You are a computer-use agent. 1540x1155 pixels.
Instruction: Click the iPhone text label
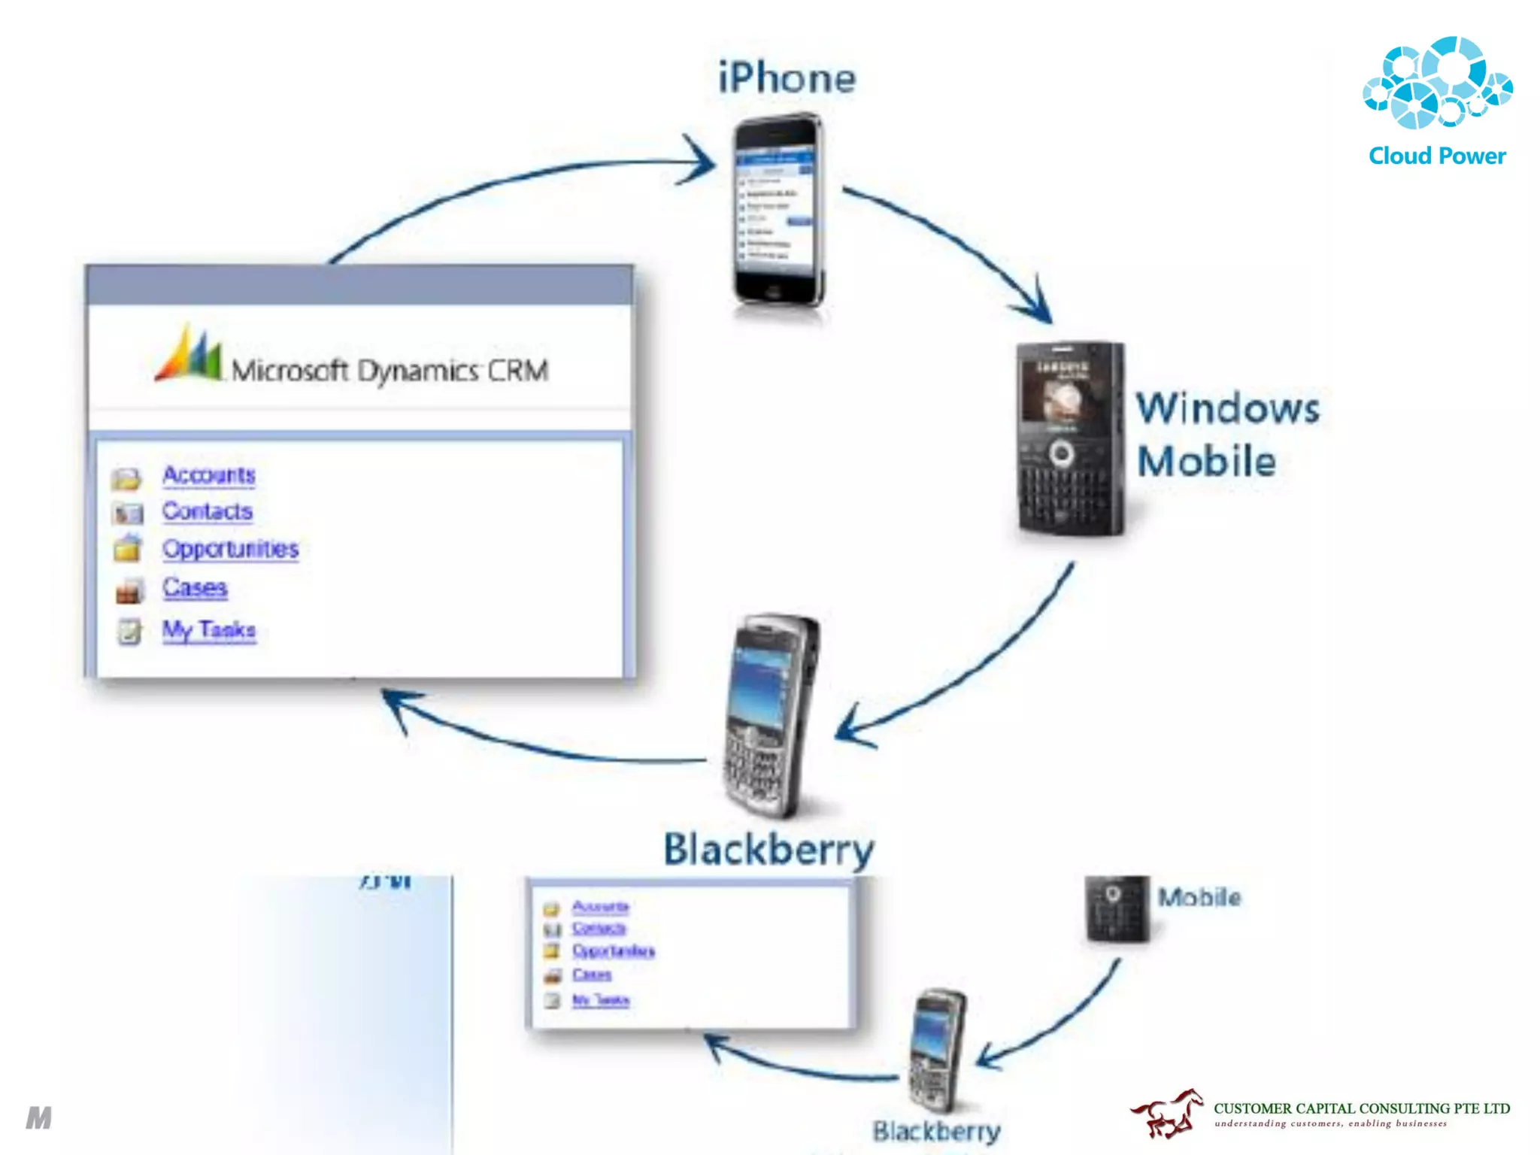[787, 78]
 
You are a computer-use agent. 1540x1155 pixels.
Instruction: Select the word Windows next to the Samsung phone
[1227, 409]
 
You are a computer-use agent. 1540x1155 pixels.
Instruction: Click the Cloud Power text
[1436, 156]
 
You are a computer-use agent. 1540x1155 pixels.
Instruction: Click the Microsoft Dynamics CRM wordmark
[390, 371]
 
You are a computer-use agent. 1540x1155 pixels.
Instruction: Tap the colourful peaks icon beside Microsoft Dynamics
[189, 355]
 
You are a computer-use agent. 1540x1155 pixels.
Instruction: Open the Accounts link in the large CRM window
[209, 475]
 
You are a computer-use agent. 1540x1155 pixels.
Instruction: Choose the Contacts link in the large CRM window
[208, 511]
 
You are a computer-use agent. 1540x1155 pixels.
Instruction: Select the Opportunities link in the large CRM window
[230, 549]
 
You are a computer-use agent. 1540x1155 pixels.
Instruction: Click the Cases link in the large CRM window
[195, 587]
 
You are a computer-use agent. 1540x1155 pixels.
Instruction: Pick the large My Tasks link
[209, 629]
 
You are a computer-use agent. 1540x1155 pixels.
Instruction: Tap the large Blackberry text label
[768, 849]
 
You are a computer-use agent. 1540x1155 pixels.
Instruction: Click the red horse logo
[1166, 1114]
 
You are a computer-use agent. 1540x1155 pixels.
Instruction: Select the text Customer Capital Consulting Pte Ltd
[1361, 1108]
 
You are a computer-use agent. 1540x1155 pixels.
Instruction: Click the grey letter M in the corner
[39, 1118]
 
